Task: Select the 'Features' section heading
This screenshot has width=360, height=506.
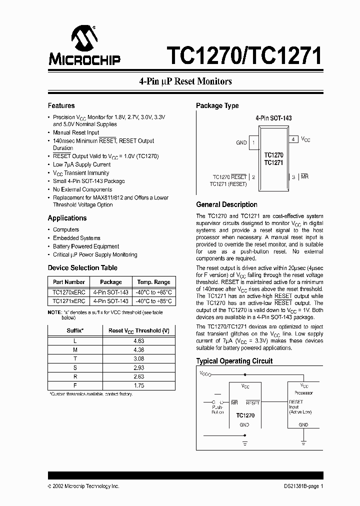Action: click(61, 105)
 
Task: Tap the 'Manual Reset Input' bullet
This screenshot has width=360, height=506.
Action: click(76, 132)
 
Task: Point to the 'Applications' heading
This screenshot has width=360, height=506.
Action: click(67, 218)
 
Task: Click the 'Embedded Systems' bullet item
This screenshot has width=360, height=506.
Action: click(76, 238)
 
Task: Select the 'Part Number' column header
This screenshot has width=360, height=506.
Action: click(68, 282)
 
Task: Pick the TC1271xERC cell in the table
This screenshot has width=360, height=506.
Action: click(68, 301)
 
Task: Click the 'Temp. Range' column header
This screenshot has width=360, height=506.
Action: click(153, 282)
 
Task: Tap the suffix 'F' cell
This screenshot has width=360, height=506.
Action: click(75, 386)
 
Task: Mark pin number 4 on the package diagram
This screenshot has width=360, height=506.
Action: click(293, 139)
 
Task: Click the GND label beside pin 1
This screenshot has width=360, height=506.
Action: click(241, 142)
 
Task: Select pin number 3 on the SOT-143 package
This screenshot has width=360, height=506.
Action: click(293, 176)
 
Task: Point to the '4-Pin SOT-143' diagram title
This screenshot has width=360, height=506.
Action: click(273, 118)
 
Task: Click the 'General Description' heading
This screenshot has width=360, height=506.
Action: click(226, 204)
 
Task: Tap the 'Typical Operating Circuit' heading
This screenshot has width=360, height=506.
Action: click(234, 361)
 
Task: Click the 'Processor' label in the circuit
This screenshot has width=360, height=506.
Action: click(304, 393)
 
